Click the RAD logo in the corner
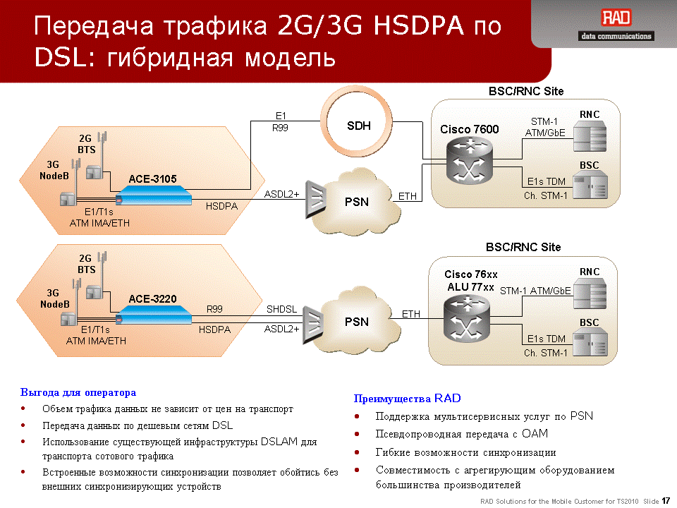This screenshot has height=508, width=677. pyautogui.click(x=616, y=18)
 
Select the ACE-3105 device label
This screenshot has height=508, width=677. pyautogui.click(x=152, y=179)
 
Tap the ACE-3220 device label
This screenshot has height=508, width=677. pyautogui.click(x=152, y=299)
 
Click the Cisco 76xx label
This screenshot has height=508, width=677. pyautogui.click(x=470, y=274)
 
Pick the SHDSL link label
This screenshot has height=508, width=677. pyautogui.click(x=281, y=309)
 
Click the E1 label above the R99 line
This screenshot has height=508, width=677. pyautogui.click(x=281, y=116)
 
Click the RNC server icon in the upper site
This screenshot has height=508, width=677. pyautogui.click(x=590, y=135)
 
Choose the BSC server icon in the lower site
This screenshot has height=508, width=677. pyautogui.click(x=591, y=343)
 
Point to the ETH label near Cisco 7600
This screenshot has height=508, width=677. pyautogui.click(x=407, y=197)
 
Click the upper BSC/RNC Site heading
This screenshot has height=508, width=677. pyautogui.click(x=526, y=91)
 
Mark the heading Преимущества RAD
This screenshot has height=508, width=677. pyautogui.click(x=407, y=398)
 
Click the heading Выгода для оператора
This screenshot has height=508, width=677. pyautogui.click(x=78, y=392)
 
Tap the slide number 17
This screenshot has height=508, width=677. pyautogui.click(x=666, y=501)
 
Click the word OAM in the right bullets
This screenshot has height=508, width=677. pyautogui.click(x=535, y=434)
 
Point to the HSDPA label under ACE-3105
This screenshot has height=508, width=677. pyautogui.click(x=221, y=207)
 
